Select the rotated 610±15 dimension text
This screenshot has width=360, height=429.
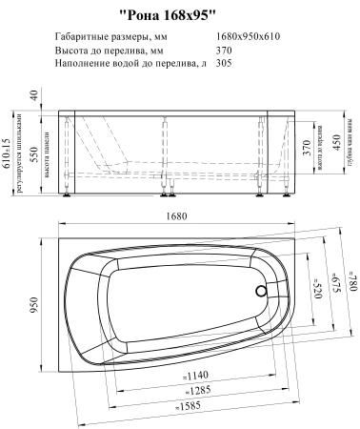(x=9, y=150)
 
